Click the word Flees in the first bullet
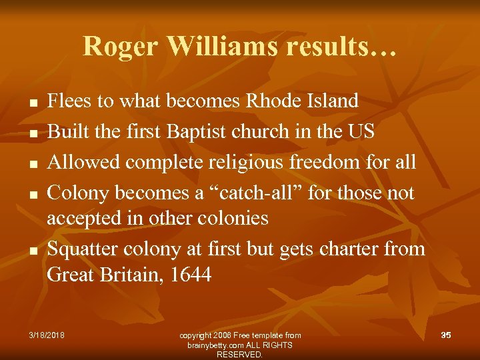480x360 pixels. click(x=69, y=101)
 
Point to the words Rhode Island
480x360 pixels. click(x=302, y=101)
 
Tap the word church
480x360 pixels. click(x=262, y=131)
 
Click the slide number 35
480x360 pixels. click(x=445, y=334)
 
